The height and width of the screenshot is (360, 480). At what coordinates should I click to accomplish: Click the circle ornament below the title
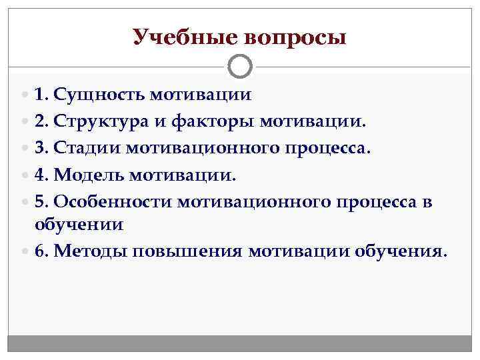240,67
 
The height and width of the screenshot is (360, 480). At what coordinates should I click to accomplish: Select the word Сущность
101,95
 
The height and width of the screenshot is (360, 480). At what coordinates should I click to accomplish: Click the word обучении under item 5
79,224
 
